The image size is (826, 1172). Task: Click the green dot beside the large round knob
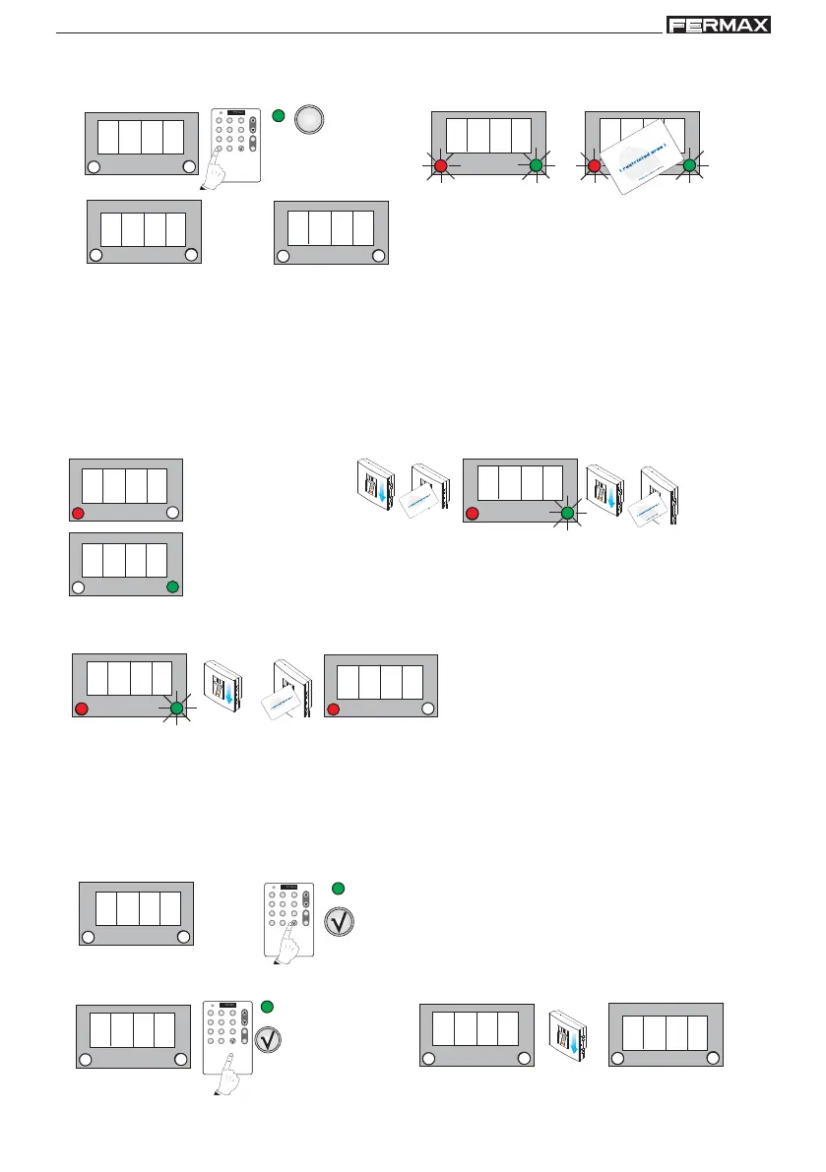[x=279, y=118]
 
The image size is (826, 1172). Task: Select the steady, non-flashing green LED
[x=172, y=587]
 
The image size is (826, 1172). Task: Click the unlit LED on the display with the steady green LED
[x=78, y=587]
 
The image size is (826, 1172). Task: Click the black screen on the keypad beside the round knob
[x=235, y=112]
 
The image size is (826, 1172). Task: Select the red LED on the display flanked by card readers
[x=472, y=513]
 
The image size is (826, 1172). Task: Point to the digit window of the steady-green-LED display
[x=123, y=560]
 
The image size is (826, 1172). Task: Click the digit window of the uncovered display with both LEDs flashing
[x=488, y=135]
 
